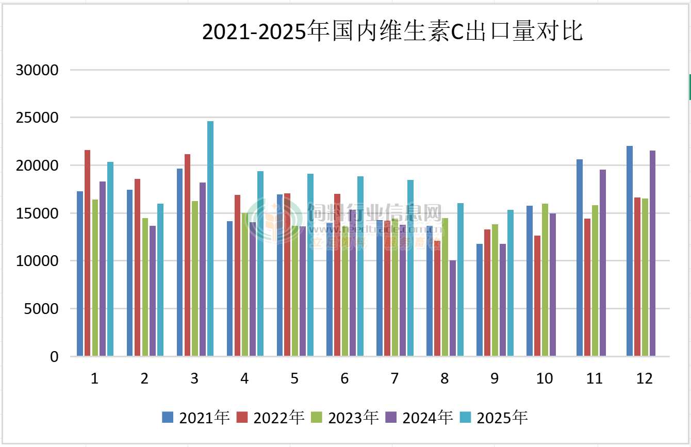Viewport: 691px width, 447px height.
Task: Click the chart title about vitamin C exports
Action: [392, 32]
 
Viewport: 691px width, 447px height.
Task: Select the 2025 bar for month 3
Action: [210, 238]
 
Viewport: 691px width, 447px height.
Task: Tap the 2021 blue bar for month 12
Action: [630, 251]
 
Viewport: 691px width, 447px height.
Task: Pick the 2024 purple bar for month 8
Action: [453, 308]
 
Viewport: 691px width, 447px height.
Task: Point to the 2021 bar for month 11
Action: [580, 257]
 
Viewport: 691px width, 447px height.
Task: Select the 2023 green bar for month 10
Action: [545, 279]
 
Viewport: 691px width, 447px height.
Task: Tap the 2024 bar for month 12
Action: [652, 253]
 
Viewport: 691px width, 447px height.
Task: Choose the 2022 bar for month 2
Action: [138, 267]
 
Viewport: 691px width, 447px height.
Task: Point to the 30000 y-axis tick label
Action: [37, 70]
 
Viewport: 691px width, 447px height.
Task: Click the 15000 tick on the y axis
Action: [37, 213]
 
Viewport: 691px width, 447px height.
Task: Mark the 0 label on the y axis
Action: [54, 357]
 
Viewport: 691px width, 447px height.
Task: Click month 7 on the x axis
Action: [394, 379]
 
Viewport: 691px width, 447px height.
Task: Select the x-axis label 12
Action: [645, 379]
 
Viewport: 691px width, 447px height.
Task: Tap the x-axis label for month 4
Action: [244, 379]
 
